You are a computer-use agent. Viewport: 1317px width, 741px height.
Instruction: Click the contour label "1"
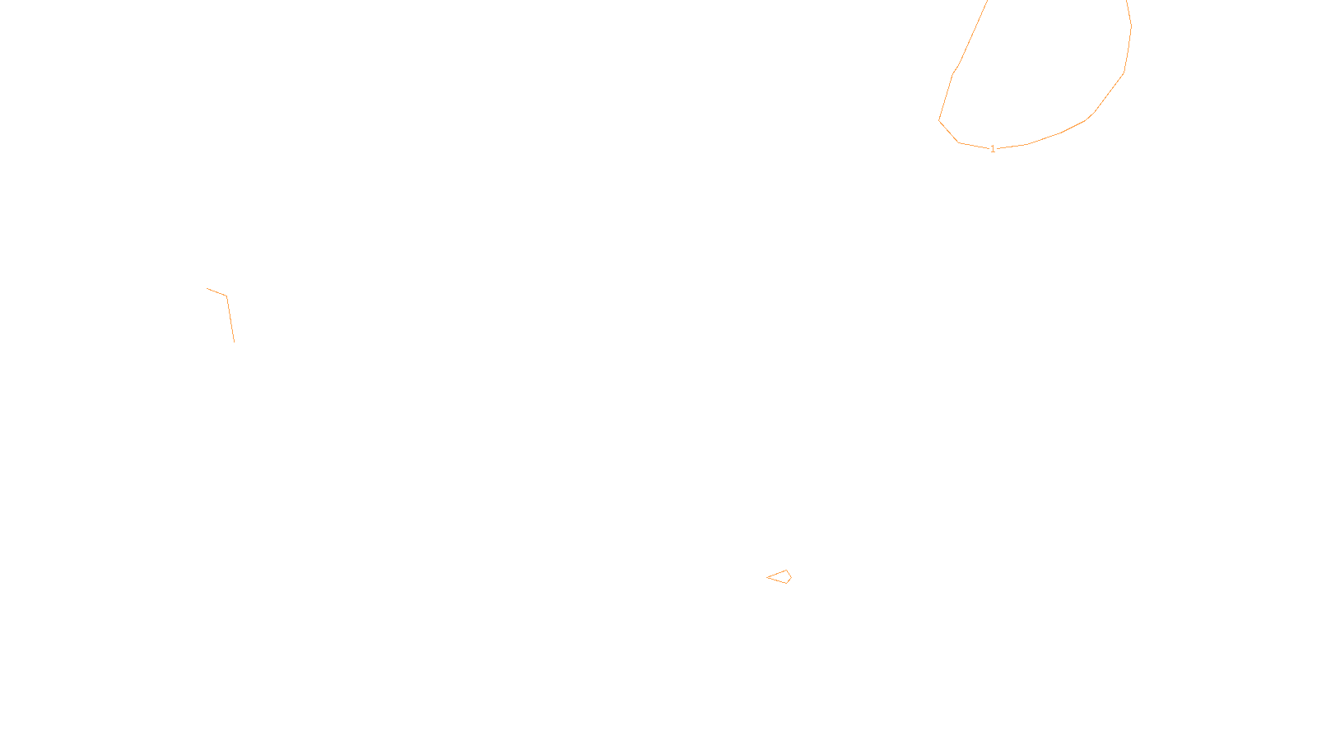[993, 149]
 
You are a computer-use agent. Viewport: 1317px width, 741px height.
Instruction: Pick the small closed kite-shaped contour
[780, 577]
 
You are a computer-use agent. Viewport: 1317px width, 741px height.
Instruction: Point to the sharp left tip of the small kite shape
[767, 577]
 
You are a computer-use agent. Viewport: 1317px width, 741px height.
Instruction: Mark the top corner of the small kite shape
[787, 571]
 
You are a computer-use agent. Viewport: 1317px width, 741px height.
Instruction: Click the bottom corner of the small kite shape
[787, 584]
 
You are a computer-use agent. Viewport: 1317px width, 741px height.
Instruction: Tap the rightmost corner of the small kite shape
[791, 577]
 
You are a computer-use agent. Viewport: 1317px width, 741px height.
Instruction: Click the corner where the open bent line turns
[226, 296]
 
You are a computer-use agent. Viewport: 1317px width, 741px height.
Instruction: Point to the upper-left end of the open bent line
[207, 289]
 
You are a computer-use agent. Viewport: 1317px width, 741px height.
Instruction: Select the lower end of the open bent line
[234, 341]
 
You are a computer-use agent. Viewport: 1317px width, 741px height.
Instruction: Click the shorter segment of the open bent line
[216, 292]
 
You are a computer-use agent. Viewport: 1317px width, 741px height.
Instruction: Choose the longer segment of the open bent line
[230, 319]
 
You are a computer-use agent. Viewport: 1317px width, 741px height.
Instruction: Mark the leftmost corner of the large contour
[939, 121]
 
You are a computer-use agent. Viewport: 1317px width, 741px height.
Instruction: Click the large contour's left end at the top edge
[987, 2]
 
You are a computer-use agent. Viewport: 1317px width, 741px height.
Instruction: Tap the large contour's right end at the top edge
[1126, 2]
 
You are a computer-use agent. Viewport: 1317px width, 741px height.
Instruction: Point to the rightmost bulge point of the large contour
[1131, 26]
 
